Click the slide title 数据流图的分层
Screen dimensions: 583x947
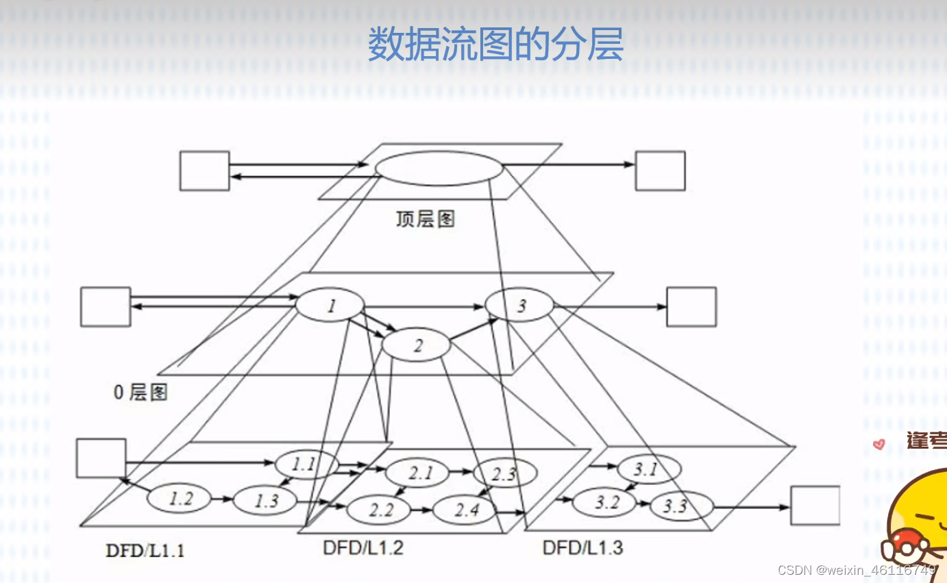tap(495, 45)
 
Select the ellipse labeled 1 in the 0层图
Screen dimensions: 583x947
tap(330, 306)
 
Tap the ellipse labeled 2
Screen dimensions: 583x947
tap(416, 345)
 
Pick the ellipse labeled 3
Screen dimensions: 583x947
tap(519, 306)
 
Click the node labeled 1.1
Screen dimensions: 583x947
tap(306, 464)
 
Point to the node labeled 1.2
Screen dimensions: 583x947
tap(180, 499)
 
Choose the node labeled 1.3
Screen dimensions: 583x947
tap(265, 500)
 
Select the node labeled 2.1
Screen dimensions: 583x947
tap(417, 473)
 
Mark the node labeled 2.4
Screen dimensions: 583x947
tap(466, 509)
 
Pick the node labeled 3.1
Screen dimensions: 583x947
tap(648, 469)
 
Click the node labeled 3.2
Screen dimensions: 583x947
tap(605, 503)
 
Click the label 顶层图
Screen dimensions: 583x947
tap(425, 219)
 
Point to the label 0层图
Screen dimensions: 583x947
tap(140, 392)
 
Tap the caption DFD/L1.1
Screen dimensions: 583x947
tap(145, 550)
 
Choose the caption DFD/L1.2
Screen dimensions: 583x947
tap(363, 547)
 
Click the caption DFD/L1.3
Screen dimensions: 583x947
tap(582, 547)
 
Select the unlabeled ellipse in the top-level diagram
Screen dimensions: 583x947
tap(439, 168)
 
